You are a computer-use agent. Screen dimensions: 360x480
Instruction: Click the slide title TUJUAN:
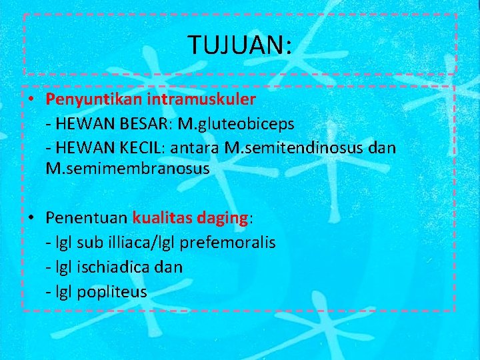pos(239,45)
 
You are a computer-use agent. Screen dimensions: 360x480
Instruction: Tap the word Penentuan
pos(87,218)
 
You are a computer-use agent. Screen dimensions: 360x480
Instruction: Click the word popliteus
pos(112,291)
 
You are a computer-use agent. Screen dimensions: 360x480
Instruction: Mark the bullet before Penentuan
pos(31,219)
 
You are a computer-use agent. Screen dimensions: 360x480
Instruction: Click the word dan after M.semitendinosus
pos(383,147)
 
